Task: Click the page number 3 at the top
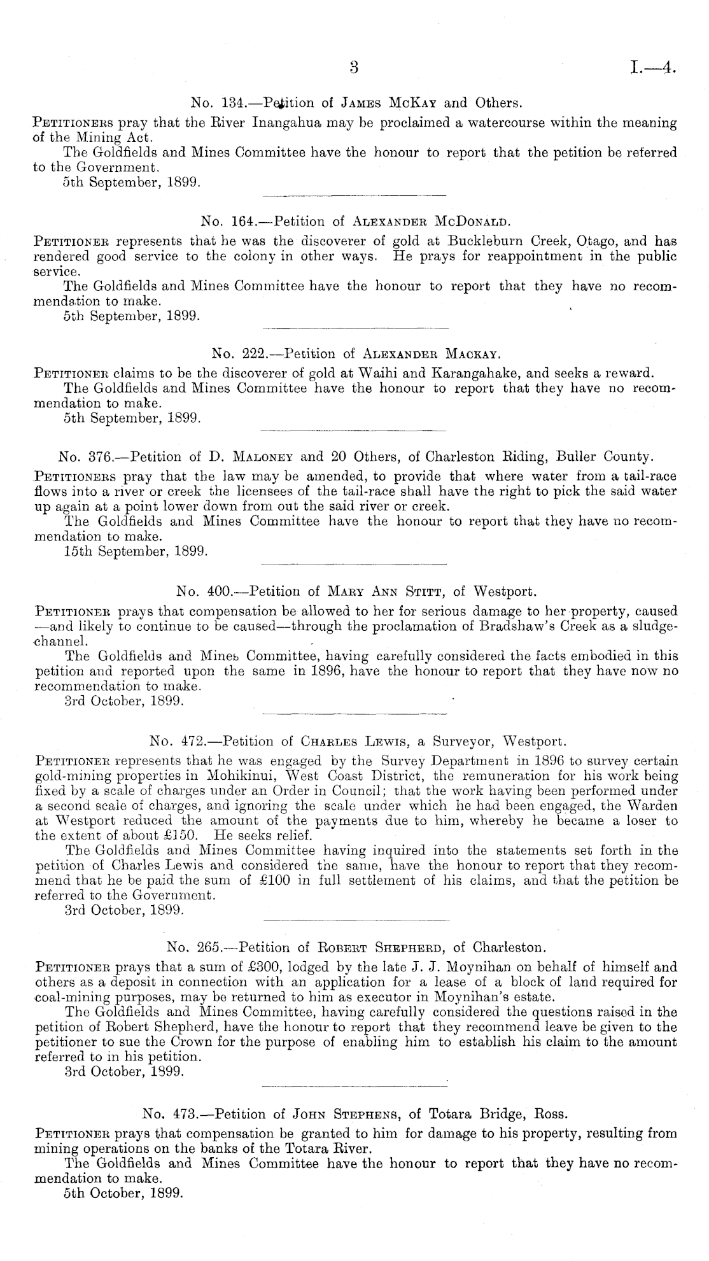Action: pos(354,67)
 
